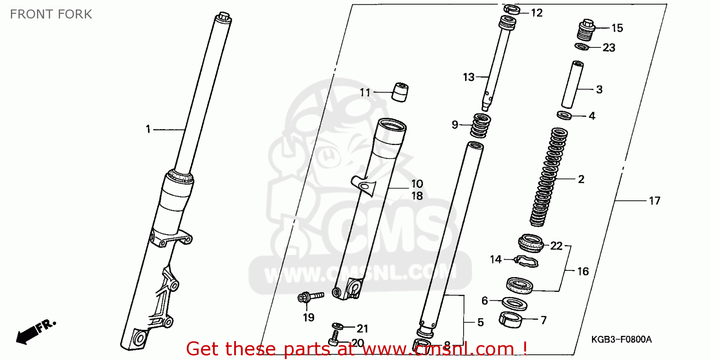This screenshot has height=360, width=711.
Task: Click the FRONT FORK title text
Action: pos(51,14)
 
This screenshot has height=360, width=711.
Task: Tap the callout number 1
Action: pos(148,129)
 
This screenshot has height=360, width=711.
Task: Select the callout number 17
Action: pos(654,201)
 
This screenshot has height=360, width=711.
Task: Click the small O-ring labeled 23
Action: pos(582,46)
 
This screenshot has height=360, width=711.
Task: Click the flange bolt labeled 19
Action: pos(310,297)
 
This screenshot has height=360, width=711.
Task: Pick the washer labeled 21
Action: pos(337,326)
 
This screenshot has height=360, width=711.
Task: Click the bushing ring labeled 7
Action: pos(511,320)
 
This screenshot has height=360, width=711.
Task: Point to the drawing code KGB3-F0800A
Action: pos(621,340)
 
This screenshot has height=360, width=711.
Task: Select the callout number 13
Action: pos(468,77)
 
